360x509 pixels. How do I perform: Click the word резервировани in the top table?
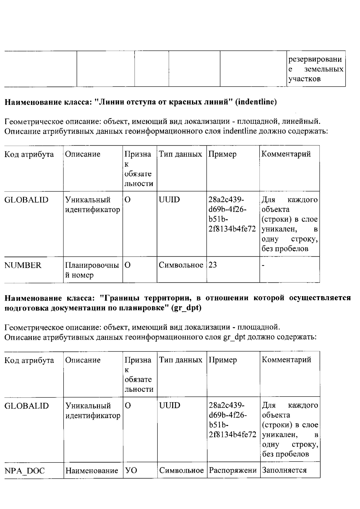tap(315, 59)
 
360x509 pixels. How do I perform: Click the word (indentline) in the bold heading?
tap(256, 102)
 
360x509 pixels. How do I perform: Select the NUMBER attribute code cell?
tap(23, 265)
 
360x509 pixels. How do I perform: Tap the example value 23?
tap(213, 265)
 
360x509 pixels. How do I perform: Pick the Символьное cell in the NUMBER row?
tap(181, 265)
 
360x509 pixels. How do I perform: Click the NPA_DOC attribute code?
tap(25, 471)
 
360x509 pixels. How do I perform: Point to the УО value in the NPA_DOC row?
tap(131, 471)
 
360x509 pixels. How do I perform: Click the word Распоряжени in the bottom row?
tap(233, 470)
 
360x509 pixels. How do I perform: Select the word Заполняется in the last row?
tap(284, 470)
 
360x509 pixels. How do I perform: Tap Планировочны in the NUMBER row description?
tap(92, 265)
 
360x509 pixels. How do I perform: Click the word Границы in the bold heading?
tap(120, 298)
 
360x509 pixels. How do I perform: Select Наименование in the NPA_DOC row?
tap(92, 471)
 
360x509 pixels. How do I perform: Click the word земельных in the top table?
tap(324, 69)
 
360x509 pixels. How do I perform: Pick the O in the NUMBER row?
tap(127, 265)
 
